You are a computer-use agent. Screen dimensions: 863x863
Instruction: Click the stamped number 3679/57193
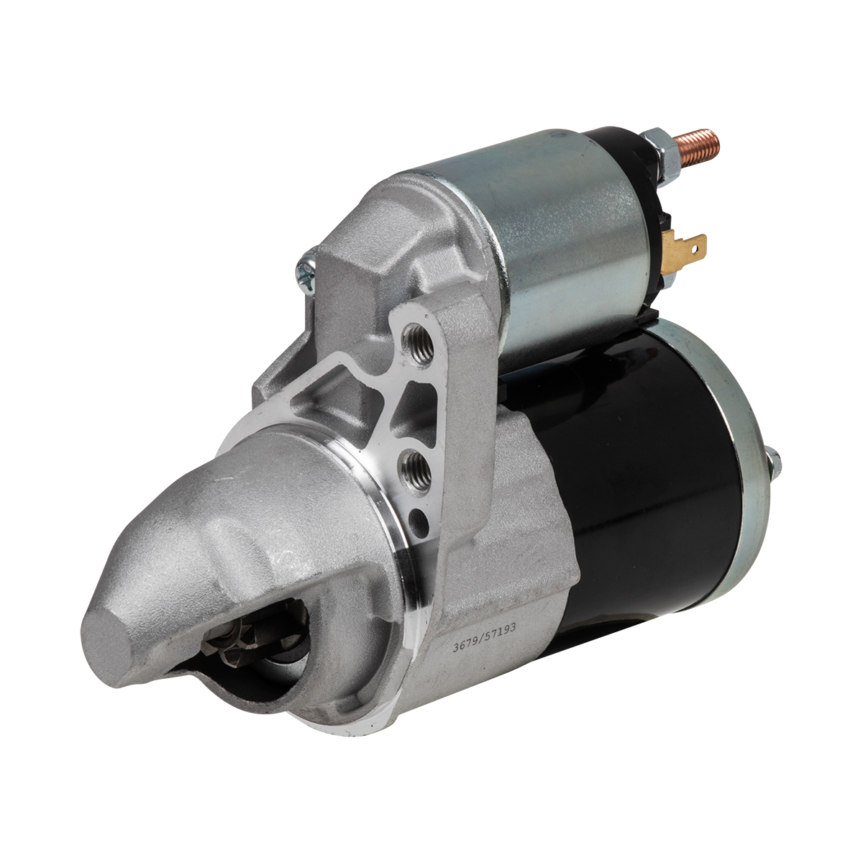pyautogui.click(x=484, y=636)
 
